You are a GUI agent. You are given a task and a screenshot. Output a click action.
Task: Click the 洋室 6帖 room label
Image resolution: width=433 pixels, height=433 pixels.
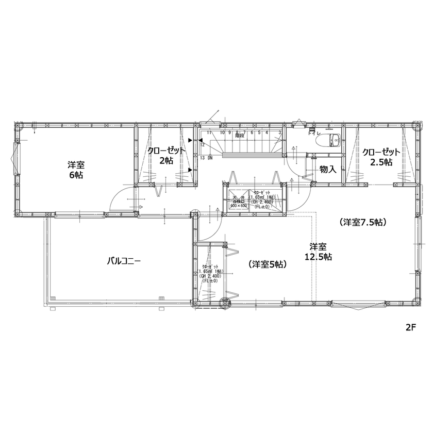(x=76, y=170)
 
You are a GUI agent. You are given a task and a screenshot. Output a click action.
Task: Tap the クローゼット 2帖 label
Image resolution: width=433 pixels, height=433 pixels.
(x=166, y=155)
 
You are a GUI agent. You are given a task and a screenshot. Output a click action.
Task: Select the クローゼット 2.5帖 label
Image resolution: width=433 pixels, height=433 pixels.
(x=381, y=157)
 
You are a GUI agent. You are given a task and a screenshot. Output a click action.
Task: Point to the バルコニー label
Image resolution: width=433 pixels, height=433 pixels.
(x=124, y=261)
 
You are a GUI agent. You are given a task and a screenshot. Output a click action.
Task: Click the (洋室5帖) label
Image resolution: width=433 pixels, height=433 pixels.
(x=268, y=264)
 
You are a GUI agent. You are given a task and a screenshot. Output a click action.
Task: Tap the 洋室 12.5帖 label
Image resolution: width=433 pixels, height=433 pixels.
(x=318, y=251)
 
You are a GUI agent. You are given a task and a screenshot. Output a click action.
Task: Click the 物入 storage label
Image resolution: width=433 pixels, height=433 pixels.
(x=328, y=169)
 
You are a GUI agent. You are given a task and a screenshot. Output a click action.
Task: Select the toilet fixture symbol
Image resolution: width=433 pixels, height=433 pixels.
(x=334, y=139)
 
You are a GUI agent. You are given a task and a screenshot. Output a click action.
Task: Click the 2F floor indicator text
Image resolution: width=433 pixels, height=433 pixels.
(x=410, y=328)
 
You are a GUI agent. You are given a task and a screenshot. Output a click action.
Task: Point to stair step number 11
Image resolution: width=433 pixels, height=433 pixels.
(x=209, y=132)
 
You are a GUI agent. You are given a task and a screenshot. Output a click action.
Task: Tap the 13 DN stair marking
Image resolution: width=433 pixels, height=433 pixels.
(x=206, y=158)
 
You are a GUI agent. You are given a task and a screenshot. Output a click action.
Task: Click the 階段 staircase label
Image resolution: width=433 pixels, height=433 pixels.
(x=240, y=137)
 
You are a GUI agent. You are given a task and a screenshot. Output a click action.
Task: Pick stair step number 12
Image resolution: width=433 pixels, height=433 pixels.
(x=203, y=145)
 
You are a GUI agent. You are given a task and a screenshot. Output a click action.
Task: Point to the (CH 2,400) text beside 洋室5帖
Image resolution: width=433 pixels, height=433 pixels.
(x=210, y=276)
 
